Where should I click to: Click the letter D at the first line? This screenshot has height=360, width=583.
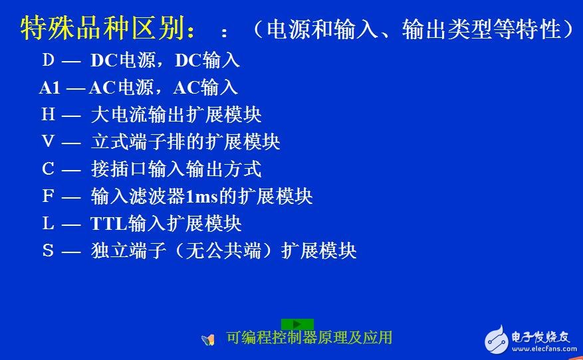coord(48,60)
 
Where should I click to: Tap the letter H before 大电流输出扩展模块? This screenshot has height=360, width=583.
coord(48,114)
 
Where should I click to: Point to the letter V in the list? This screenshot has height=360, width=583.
coord(48,141)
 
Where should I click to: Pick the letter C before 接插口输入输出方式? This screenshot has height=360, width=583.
coord(48,169)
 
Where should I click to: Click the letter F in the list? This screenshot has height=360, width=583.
coord(48,196)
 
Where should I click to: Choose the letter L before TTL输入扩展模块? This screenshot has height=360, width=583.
coord(48,223)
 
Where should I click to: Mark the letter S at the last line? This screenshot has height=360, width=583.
coord(48,250)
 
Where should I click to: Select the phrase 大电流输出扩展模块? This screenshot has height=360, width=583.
coord(176,114)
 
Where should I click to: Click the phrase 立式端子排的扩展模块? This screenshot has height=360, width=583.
coord(185,141)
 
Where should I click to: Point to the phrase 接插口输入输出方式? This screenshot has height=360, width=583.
coord(176,169)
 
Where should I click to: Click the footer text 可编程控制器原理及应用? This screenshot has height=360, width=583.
coord(309,337)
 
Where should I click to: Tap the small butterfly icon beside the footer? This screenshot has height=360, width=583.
coord(209,339)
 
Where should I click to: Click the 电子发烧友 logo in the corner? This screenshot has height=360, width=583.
coord(528,339)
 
